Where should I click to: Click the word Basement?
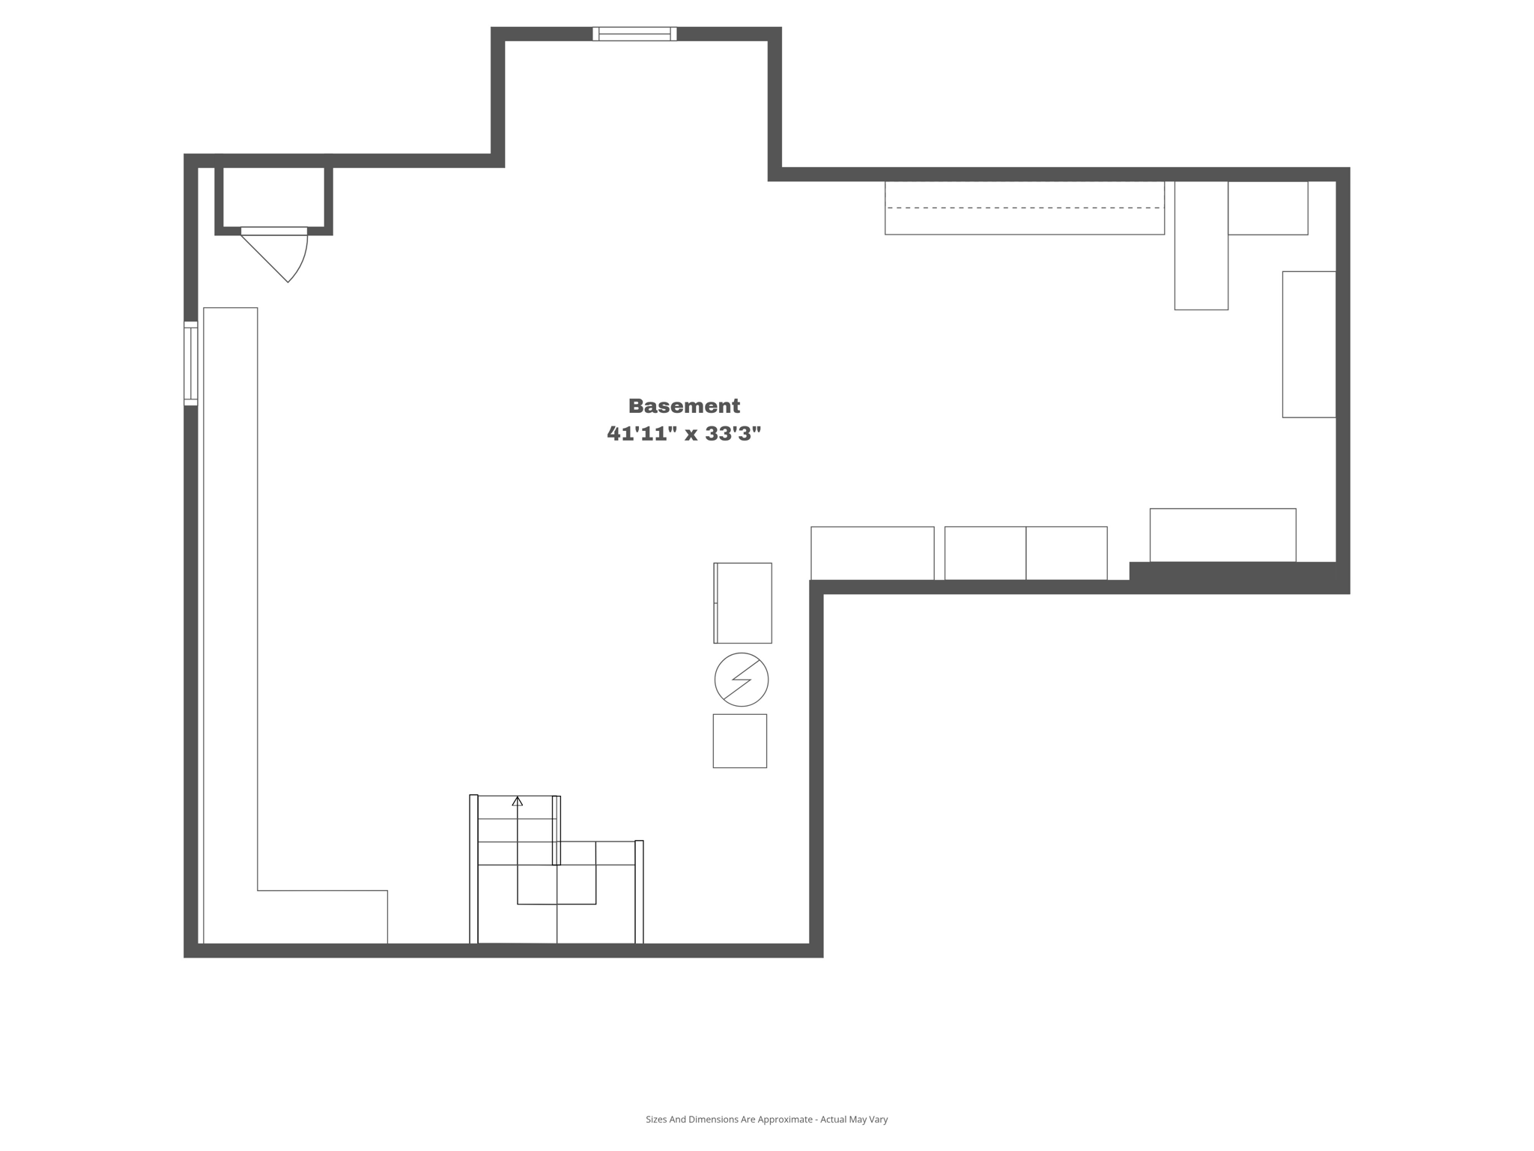(684, 405)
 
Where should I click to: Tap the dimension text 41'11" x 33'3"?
(684, 433)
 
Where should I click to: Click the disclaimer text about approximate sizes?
(766, 1120)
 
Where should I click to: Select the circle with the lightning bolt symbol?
(741, 680)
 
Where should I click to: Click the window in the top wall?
(634, 34)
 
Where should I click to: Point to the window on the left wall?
(191, 363)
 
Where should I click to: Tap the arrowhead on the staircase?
(517, 802)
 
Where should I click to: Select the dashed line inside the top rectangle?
(1023, 208)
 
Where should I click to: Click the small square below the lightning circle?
(739, 740)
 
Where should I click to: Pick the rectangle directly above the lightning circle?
(743, 602)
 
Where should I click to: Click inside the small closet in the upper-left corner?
(273, 196)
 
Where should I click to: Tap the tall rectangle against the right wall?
(1309, 344)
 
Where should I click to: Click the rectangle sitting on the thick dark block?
(1222, 534)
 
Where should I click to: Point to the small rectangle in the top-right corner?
(1267, 208)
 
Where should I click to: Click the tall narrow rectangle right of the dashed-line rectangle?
(1201, 245)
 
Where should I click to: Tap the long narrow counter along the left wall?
(231, 599)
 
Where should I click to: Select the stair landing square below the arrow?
(557, 884)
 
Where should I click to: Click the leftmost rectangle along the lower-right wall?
(872, 553)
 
